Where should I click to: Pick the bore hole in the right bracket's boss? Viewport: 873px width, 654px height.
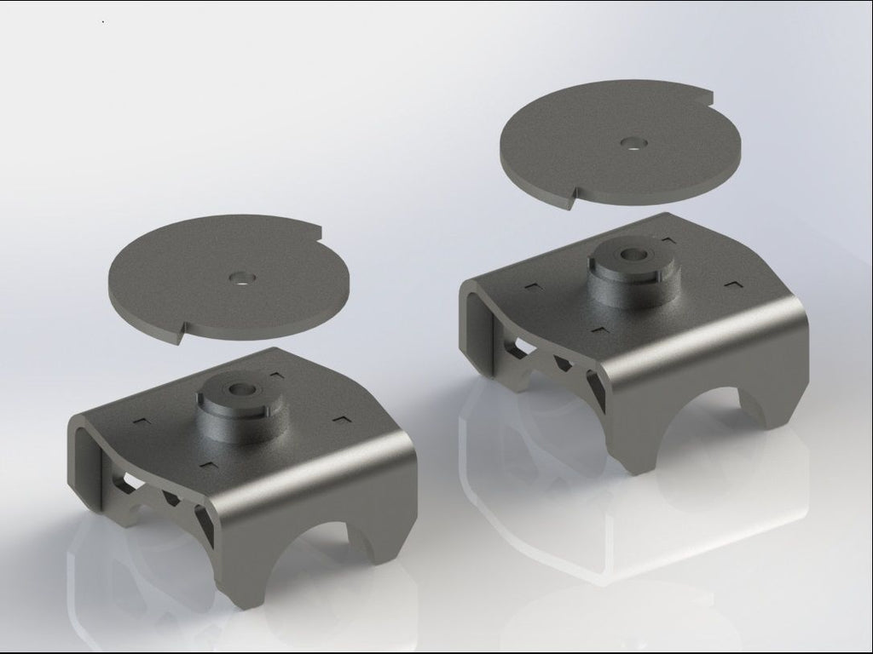click(x=633, y=253)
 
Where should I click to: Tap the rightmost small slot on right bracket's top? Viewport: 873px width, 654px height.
click(x=732, y=282)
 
